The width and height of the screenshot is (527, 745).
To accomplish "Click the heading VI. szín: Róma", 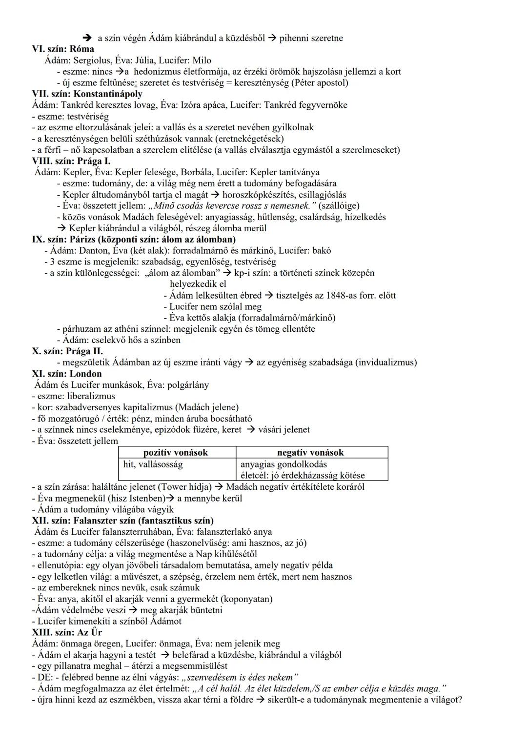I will point(63,49).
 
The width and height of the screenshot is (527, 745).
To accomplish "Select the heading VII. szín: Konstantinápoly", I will point(87,94).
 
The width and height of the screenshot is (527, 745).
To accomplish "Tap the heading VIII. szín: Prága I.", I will point(71,161).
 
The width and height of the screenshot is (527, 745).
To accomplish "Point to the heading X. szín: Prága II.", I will point(67,351).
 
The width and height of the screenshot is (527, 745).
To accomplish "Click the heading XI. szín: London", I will point(67,374).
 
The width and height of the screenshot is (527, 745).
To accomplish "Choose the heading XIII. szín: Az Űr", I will point(67,632).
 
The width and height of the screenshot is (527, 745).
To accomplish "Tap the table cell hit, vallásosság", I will point(153,464).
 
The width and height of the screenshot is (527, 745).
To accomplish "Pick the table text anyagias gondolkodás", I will point(284,464).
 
